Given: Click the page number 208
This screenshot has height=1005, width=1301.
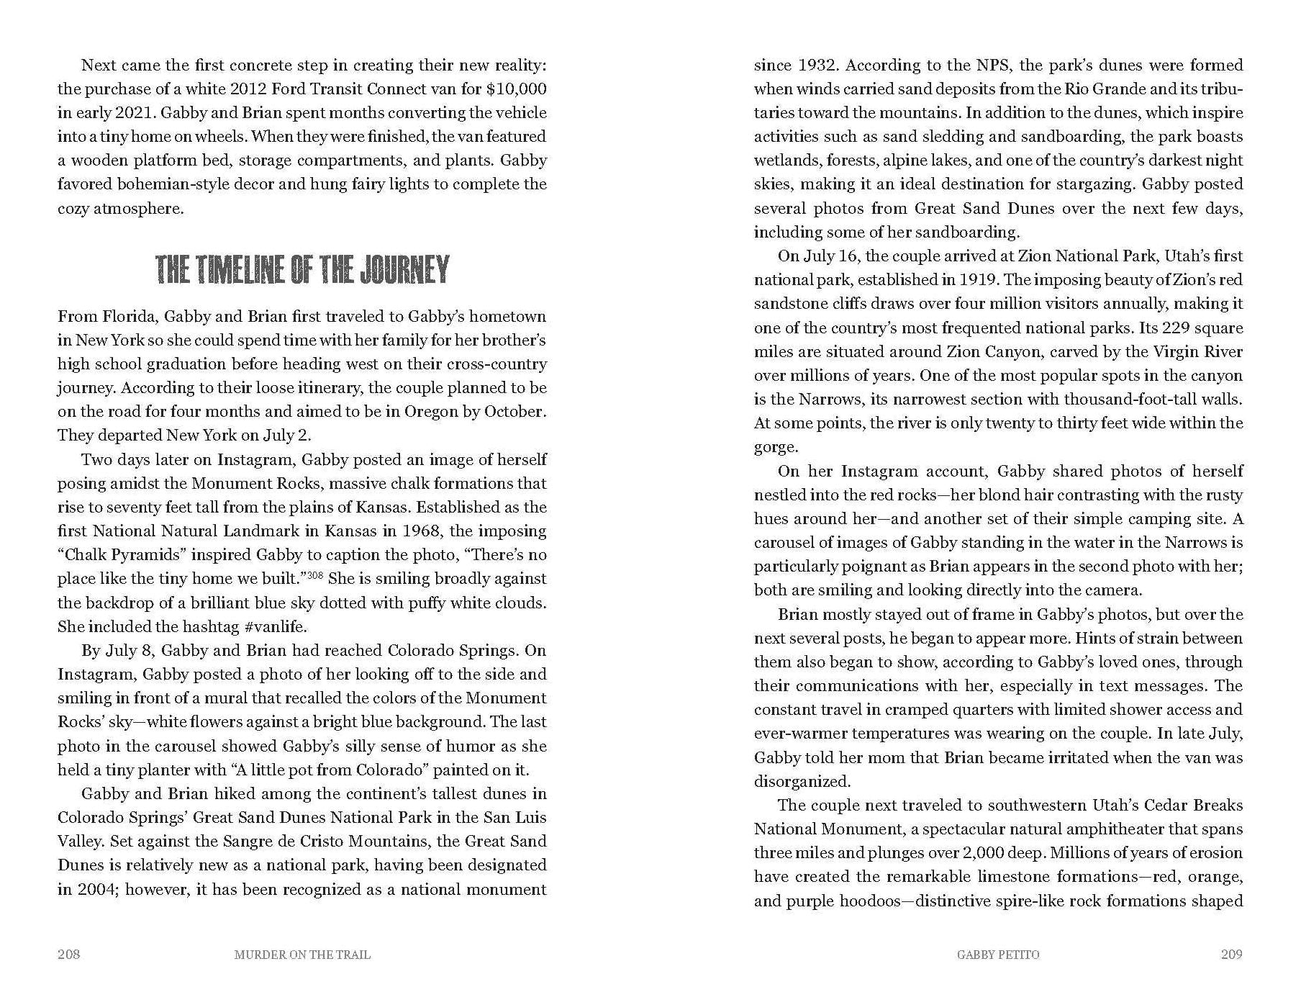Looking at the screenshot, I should (68, 955).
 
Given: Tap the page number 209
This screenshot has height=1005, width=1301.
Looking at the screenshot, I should (1231, 955).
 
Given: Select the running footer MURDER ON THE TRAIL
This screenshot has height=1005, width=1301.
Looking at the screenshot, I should (302, 955).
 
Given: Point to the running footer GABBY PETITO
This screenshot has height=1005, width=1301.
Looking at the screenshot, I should (998, 955).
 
